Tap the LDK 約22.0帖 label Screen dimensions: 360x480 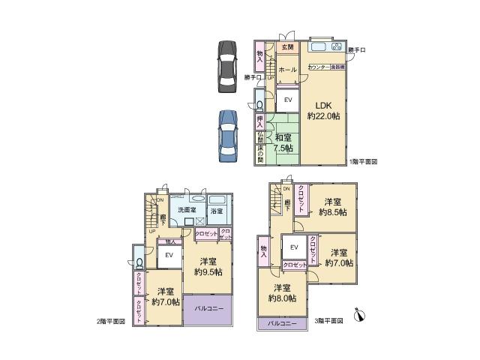click(323, 110)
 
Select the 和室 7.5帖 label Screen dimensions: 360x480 click(282, 142)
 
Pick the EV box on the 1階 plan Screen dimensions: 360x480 click(287, 99)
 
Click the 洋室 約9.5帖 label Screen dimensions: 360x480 click(207, 266)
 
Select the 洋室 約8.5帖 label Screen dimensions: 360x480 click(333, 207)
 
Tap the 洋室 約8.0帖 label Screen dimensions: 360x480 click(281, 292)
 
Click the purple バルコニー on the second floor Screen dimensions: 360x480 click(207, 309)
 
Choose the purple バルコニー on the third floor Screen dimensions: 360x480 click(282, 324)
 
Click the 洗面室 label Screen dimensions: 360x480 click(187, 209)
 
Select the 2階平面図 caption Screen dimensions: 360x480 click(110, 321)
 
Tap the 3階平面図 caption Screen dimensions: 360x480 click(328, 321)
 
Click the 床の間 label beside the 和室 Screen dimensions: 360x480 click(260, 154)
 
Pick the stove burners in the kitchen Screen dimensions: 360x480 click(336, 46)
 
